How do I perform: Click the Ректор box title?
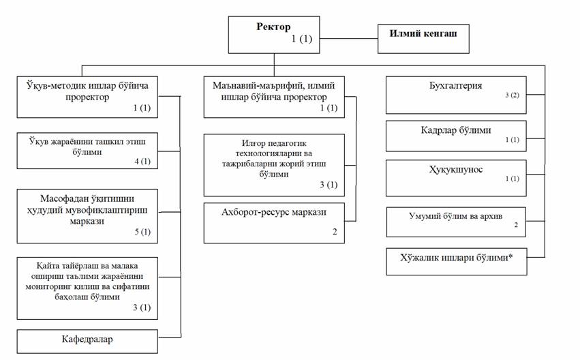pyautogui.click(x=273, y=27)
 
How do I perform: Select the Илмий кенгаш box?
pyautogui.click(x=423, y=39)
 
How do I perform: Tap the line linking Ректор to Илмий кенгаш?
pyautogui.click(x=348, y=38)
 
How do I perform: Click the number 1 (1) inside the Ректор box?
pyautogui.click(x=301, y=38)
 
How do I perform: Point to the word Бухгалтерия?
pyautogui.click(x=455, y=85)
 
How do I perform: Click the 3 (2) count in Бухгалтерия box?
pyautogui.click(x=512, y=95)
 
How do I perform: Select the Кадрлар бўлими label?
pyautogui.click(x=456, y=130)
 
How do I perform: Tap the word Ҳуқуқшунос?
pyautogui.click(x=456, y=170)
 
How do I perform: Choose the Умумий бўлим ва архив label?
pyautogui.click(x=455, y=216)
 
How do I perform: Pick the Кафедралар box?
pyautogui.click(x=87, y=342)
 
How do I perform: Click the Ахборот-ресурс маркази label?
pyautogui.click(x=274, y=212)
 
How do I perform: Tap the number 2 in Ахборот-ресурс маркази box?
pyautogui.click(x=335, y=232)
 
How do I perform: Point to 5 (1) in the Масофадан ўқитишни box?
pyautogui.click(x=142, y=232)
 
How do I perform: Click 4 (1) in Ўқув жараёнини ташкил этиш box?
pyautogui.click(x=142, y=162)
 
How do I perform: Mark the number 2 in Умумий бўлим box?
pyautogui.click(x=516, y=225)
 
